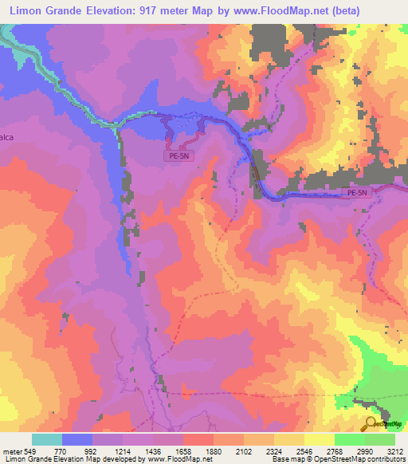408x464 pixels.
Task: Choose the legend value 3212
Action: [395, 450]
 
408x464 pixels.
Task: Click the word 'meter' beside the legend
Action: [13, 450]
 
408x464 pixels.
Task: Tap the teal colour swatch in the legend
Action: [46, 439]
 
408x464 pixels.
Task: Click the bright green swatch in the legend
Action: [349, 439]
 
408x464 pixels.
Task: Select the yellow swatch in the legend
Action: [319, 439]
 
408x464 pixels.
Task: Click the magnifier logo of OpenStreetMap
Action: [371, 424]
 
